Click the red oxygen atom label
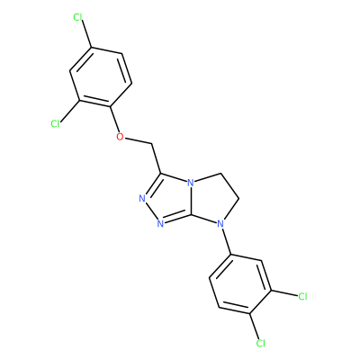tap(120, 137)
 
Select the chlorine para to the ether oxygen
tap(77, 17)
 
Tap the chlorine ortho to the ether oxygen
tap(55, 123)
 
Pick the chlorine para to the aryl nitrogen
tap(261, 343)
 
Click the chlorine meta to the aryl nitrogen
tap(302, 296)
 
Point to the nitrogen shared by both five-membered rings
tap(190, 183)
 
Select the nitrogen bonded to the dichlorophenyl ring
tap(220, 223)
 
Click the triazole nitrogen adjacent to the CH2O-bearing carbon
tap(142, 198)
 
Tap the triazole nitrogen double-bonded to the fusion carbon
tap(160, 223)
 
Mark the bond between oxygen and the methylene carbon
tap(139, 141)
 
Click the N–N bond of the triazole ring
tap(151, 211)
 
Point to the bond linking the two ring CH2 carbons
tap(230, 186)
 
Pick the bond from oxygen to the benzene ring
tap(114, 120)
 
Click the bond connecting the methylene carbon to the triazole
tap(157, 158)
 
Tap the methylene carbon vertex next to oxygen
tap(153, 144)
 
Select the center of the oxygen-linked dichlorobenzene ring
tap(101, 77)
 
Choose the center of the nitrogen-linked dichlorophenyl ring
tap(240, 284)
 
